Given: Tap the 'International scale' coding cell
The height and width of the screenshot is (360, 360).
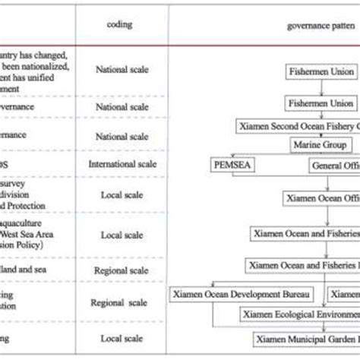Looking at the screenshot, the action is (122, 163).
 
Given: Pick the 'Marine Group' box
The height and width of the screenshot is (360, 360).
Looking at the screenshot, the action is (319, 144).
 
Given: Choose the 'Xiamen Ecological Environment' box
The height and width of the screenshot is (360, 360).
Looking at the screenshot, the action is (301, 313).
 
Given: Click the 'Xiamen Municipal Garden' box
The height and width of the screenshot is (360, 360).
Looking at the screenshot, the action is (307, 336).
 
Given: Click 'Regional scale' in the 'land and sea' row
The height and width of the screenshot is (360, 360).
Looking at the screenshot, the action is (122, 270).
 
